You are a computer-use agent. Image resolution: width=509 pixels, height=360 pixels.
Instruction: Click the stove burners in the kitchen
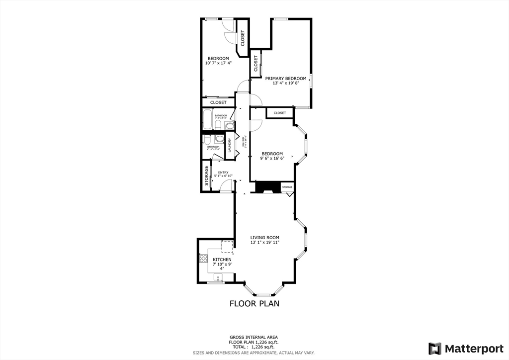203,258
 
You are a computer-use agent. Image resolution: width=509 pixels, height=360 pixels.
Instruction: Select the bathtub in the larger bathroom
207,119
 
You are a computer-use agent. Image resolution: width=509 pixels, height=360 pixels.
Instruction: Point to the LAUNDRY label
230,146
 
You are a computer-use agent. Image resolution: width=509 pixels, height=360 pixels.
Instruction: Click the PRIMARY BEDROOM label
285,79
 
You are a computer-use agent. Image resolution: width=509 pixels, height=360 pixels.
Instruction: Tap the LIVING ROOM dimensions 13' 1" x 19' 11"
264,243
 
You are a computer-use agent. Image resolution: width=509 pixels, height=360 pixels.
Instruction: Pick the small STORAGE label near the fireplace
287,187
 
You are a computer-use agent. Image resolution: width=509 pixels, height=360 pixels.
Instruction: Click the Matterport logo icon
435,348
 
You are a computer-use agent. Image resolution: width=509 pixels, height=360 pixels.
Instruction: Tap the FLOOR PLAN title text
254,303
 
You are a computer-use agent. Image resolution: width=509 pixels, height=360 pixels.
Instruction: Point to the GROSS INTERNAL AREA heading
254,337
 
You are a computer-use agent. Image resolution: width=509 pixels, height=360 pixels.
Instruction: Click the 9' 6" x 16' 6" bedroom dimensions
272,159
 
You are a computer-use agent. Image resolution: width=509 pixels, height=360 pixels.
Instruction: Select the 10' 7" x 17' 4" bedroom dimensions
218,64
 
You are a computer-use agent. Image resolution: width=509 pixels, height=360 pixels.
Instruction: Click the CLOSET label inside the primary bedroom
256,64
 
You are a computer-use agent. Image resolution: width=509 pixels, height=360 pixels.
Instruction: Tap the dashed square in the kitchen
227,246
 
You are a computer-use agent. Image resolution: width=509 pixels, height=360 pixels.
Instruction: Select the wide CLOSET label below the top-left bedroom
218,102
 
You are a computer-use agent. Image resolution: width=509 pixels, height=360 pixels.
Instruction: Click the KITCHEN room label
222,260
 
